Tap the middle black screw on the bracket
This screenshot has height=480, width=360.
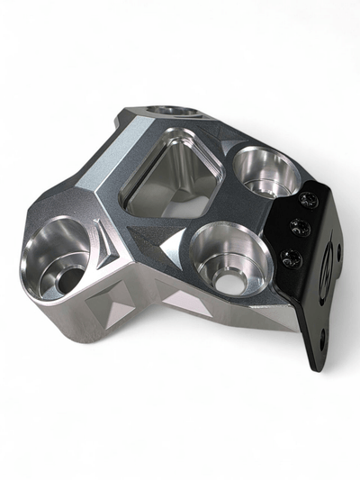(301, 229)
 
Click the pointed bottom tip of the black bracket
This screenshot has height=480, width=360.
(316, 370)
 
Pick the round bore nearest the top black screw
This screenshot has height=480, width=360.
(267, 173)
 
